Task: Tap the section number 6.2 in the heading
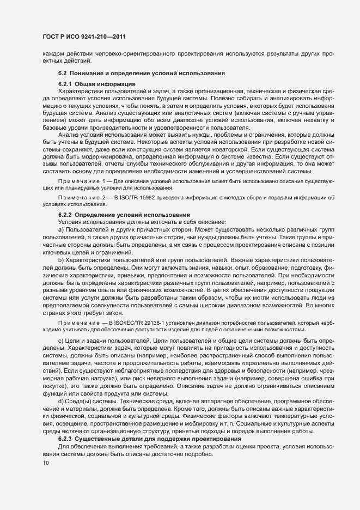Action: pos(62,73)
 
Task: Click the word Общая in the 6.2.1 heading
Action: pos(86,84)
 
